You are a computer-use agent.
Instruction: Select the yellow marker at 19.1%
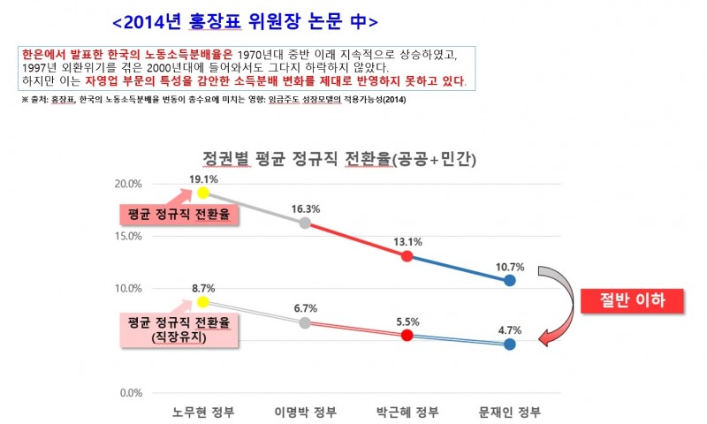pos(203,193)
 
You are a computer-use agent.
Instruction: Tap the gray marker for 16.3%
pos(305,223)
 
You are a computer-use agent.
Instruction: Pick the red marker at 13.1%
pos(407,256)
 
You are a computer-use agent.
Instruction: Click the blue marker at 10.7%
pos(510,280)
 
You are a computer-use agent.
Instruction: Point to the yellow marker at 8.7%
pos(203,301)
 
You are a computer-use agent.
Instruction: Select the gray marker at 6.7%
pos(305,322)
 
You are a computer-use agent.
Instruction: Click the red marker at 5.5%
pos(407,336)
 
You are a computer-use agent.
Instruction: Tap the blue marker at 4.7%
pos(510,344)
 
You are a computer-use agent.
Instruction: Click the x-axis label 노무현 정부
pos(203,413)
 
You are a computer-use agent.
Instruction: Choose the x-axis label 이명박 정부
pos(305,413)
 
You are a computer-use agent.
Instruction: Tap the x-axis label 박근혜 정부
pos(407,413)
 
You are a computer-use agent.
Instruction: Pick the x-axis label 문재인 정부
pos(510,413)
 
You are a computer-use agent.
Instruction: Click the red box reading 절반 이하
pos(634,300)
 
